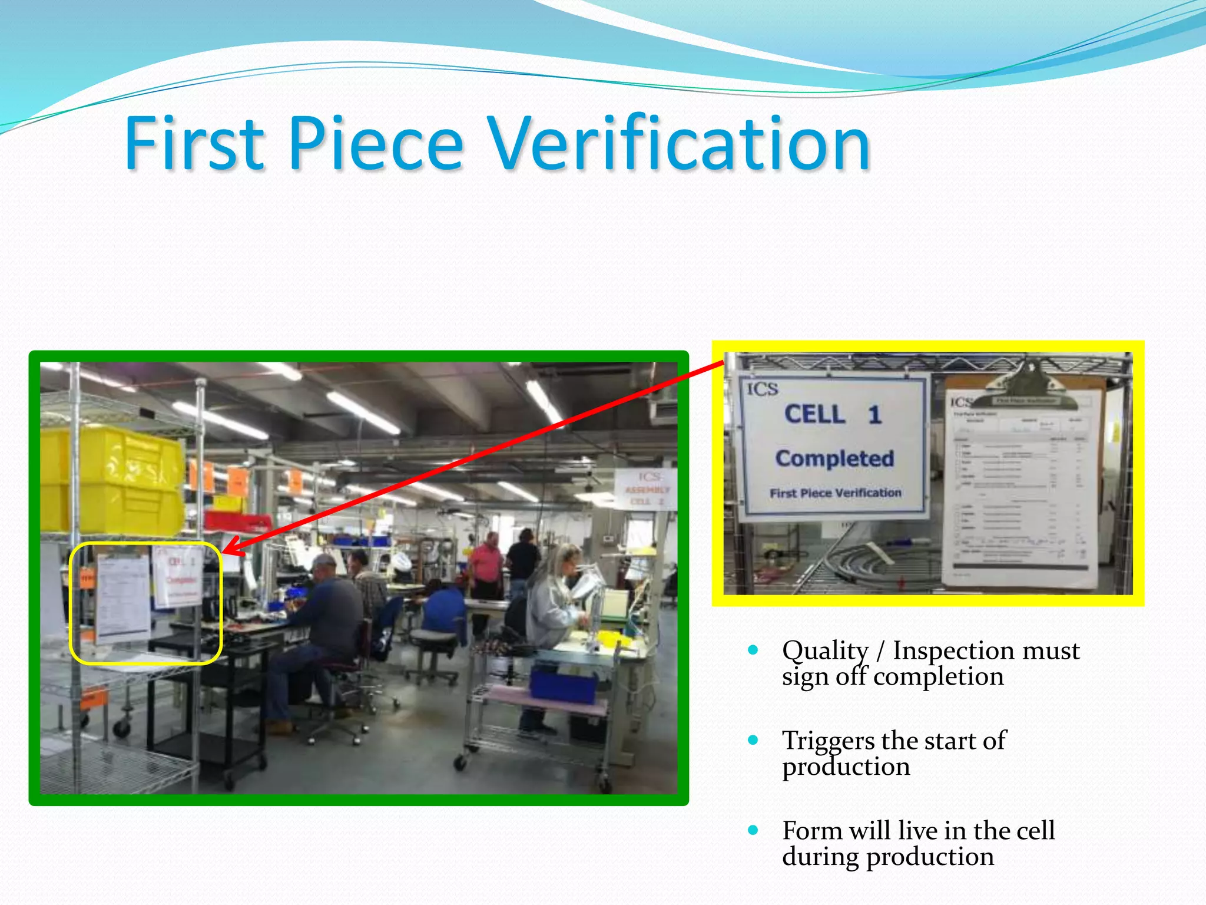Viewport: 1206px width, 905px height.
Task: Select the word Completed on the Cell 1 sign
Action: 834,458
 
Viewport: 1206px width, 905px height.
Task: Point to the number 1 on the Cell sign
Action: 874,415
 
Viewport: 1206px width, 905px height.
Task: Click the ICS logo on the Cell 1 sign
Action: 763,389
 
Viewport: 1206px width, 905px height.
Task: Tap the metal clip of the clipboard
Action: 1028,386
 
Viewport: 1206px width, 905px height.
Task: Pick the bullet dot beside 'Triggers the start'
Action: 753,740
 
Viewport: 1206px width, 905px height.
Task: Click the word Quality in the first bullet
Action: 825,650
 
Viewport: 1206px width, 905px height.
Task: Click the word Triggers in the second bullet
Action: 828,741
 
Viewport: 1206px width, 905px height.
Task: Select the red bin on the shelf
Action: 238,521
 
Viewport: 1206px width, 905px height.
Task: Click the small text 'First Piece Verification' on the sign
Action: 835,493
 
